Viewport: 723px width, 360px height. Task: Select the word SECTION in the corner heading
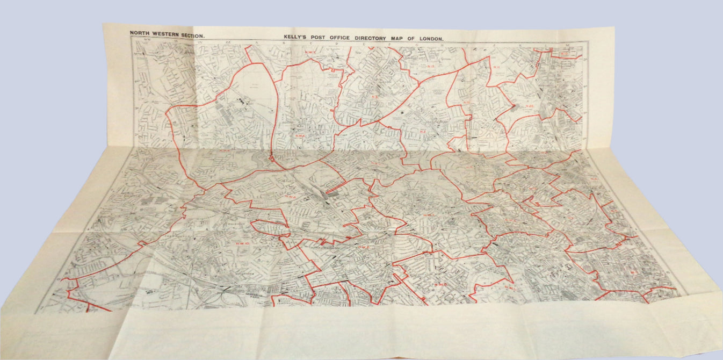pos(192,33)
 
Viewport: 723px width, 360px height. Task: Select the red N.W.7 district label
pos(310,52)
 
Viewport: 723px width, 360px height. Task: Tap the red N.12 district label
pos(431,67)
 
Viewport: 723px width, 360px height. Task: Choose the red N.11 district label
pos(496,67)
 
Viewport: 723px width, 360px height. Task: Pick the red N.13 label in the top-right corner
pos(564,54)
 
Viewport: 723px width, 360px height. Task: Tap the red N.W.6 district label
pos(365,248)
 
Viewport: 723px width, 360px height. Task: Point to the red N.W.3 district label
pos(429,217)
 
